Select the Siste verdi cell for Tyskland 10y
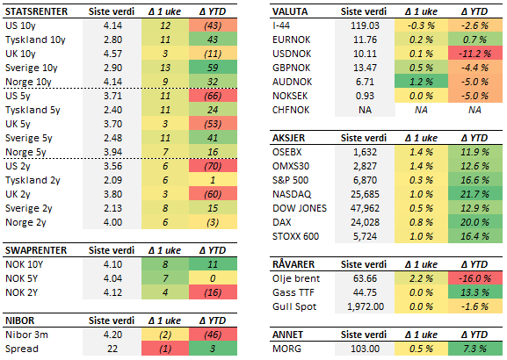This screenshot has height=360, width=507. coord(111,40)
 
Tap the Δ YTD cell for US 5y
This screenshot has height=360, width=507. coord(211,94)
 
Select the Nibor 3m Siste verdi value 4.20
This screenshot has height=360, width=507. coord(111,334)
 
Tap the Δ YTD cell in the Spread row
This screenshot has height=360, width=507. coord(211,348)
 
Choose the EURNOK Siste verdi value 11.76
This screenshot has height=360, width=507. coord(362,40)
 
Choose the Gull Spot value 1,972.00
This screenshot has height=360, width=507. coord(360,306)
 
